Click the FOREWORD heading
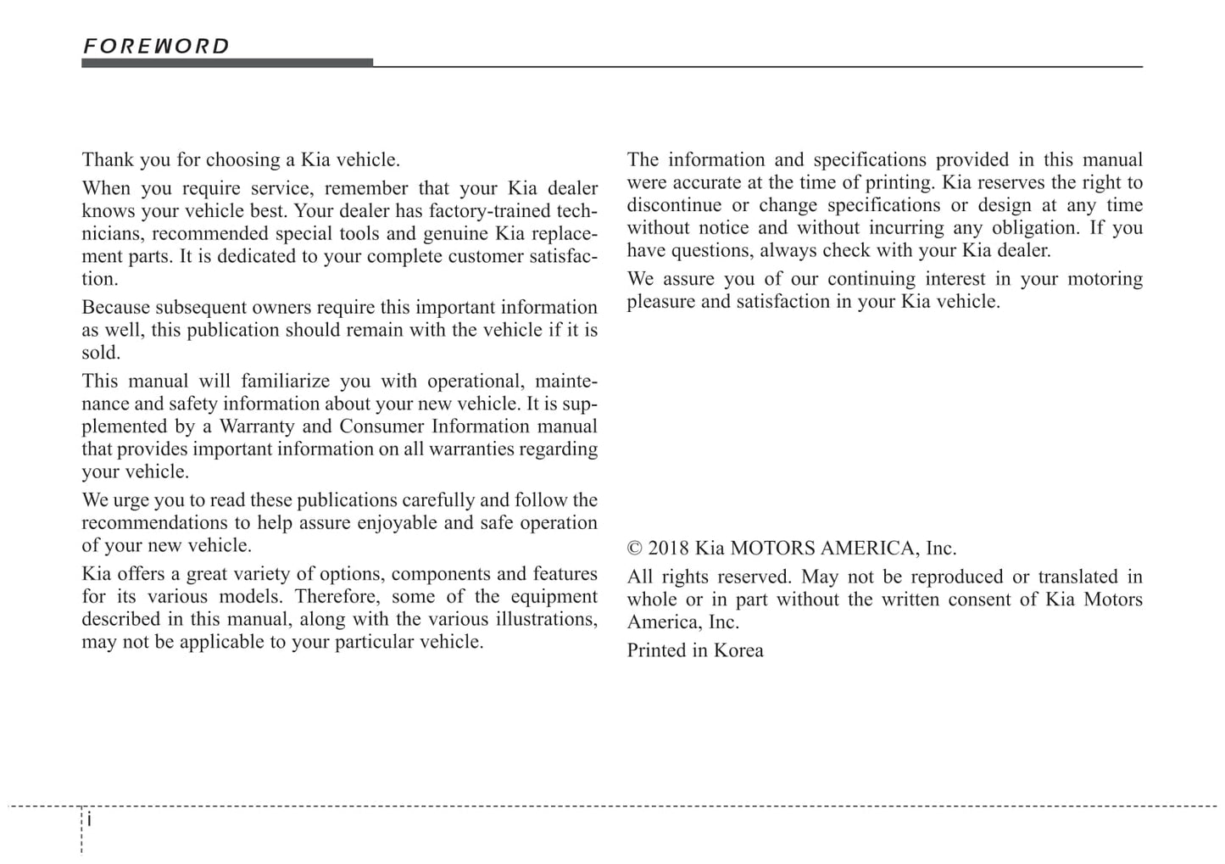[x=156, y=46]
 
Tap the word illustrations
[x=544, y=620]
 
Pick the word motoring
[x=1100, y=280]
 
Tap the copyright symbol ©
[x=634, y=549]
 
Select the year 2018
[x=669, y=549]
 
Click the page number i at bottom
[x=90, y=820]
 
